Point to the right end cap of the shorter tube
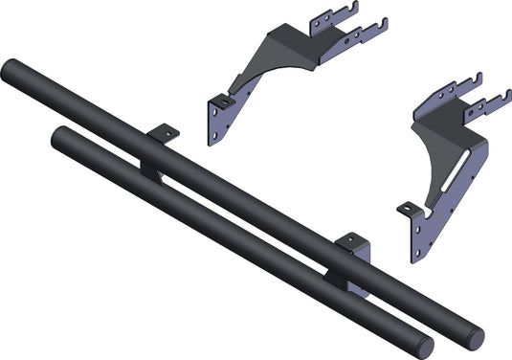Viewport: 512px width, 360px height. (x=425, y=348)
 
